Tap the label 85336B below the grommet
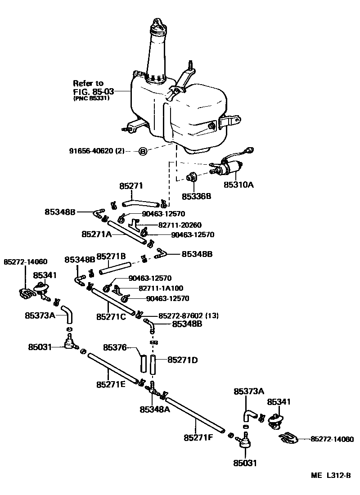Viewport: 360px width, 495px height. point(197,196)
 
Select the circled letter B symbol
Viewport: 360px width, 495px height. point(142,151)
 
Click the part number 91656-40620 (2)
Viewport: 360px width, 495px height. point(99,151)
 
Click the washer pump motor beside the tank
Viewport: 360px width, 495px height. point(231,169)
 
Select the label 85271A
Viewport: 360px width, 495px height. point(96,234)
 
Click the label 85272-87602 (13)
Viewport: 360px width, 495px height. point(189,316)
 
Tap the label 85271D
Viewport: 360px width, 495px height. point(183,360)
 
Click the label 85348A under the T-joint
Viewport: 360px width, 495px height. point(154,409)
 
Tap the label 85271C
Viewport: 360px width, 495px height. point(111,317)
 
